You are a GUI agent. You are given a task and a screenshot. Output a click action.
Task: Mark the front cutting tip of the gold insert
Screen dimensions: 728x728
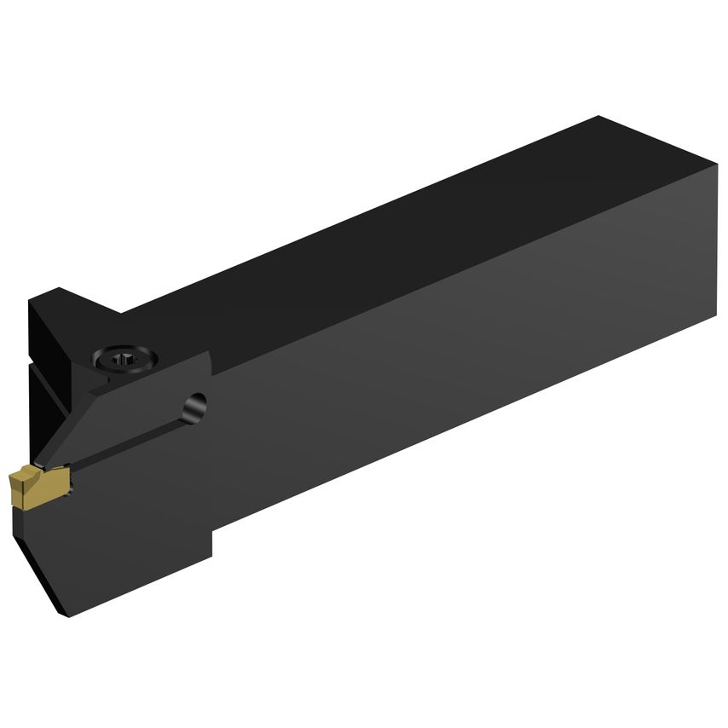[x=12, y=477]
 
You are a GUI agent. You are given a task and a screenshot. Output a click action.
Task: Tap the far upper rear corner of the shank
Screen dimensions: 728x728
[x=598, y=117]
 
